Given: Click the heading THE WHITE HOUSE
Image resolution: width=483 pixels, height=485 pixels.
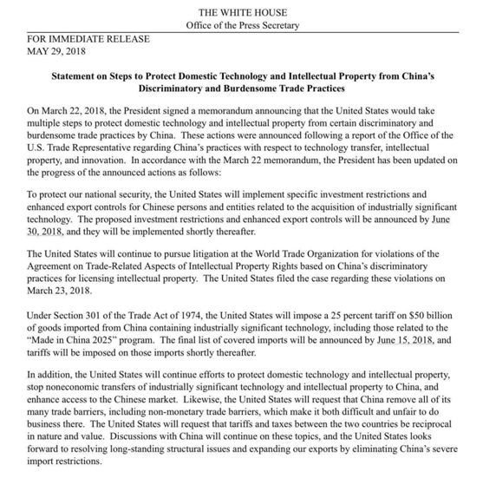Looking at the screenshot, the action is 241,11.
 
